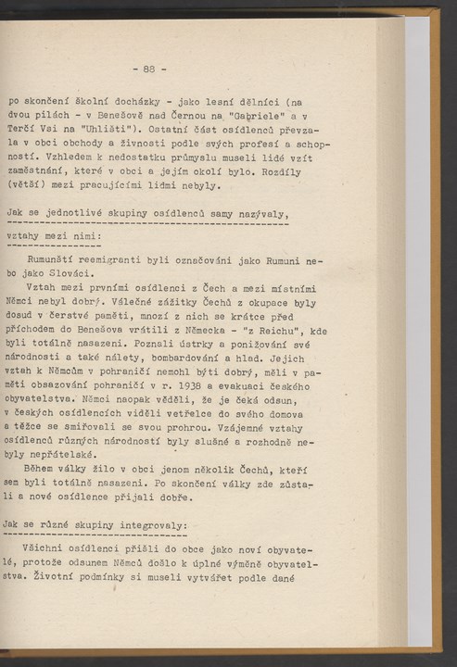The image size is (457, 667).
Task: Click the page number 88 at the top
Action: click(149, 69)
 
